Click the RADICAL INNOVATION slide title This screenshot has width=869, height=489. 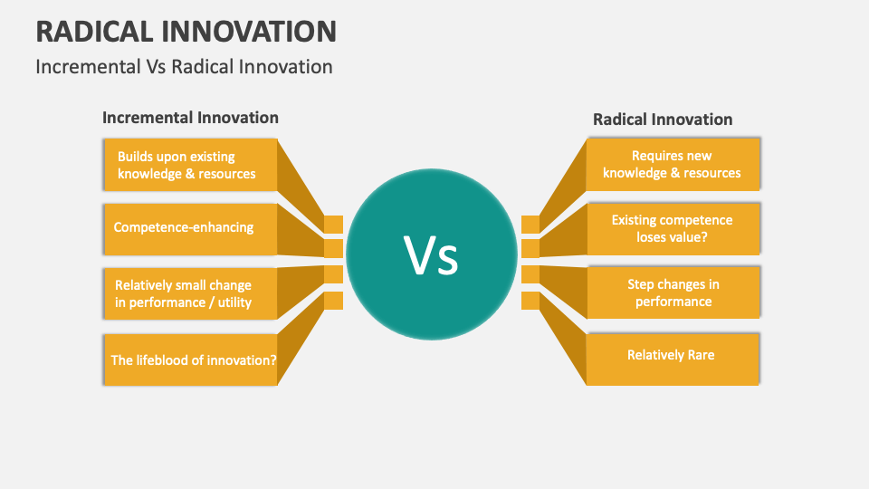tap(186, 32)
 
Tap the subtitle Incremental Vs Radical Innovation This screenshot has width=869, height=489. tap(184, 67)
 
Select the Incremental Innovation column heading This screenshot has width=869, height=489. tap(190, 118)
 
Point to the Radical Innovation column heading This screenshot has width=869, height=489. tap(663, 120)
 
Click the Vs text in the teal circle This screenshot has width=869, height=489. tap(432, 256)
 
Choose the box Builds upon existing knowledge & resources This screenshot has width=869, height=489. tap(190, 165)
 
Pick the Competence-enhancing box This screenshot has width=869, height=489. tap(190, 227)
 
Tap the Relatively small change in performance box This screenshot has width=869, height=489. tap(190, 294)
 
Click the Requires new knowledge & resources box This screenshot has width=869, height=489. tap(673, 165)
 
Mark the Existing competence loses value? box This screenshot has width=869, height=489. tap(673, 228)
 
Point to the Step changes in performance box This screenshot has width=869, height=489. tap(673, 292)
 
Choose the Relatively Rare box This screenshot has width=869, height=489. tap(673, 355)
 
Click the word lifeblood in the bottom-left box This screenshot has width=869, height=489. tap(167, 360)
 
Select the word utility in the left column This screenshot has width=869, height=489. tap(234, 302)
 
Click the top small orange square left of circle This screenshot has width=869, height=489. tap(334, 224)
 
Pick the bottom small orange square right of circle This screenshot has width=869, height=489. tap(530, 300)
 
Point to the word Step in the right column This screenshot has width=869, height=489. tap(642, 284)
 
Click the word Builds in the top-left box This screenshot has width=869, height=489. tap(136, 157)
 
